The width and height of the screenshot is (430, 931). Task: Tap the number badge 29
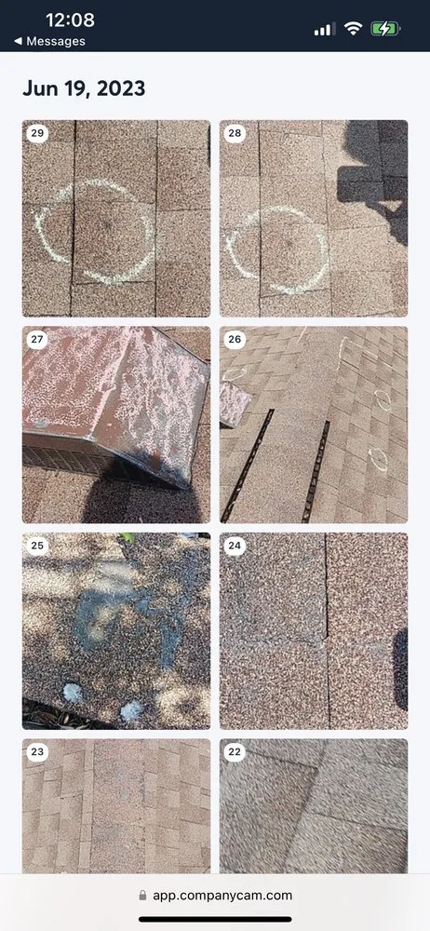[37, 132]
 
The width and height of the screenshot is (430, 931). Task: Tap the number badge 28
[235, 132]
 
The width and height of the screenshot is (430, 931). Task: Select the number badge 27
[37, 339]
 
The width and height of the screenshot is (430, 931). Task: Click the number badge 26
[235, 339]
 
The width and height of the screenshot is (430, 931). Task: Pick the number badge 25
[37, 545]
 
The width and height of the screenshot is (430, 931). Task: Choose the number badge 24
[235, 545]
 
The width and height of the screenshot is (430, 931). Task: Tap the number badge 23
[37, 751]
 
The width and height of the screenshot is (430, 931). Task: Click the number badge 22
[235, 751]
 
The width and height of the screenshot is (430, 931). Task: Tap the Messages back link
[49, 41]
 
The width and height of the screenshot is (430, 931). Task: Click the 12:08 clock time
[70, 20]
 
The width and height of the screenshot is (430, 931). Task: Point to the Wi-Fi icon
[354, 29]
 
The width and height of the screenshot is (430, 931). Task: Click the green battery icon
[386, 29]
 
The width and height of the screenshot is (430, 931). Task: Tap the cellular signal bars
[324, 29]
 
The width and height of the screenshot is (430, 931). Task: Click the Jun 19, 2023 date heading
[84, 89]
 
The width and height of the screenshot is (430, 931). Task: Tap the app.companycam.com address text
[222, 896]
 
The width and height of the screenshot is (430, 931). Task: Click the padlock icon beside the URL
[142, 895]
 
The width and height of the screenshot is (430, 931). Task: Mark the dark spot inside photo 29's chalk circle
[109, 226]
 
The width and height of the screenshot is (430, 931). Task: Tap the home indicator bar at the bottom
[215, 920]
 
